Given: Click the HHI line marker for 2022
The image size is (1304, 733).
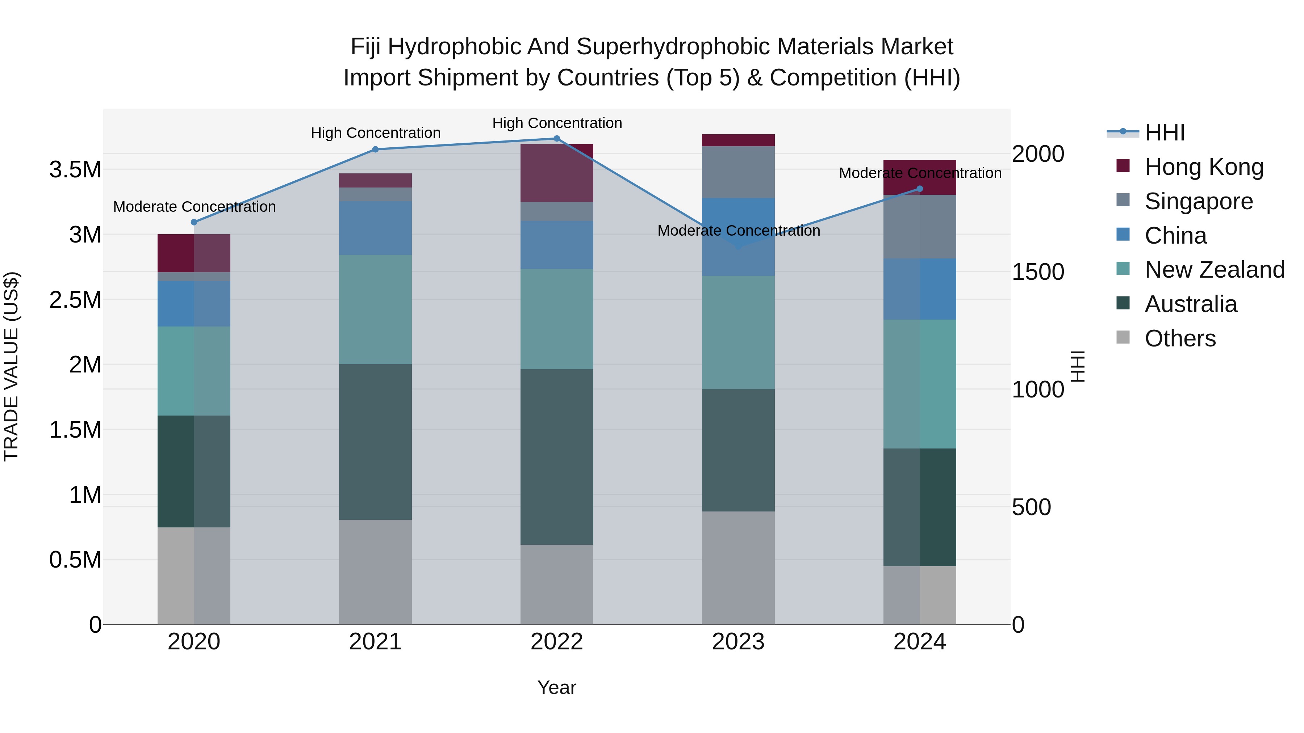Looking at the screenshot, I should [556, 139].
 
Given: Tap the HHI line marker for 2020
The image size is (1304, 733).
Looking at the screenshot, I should [194, 222].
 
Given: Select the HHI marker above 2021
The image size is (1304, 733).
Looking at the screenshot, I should [375, 149].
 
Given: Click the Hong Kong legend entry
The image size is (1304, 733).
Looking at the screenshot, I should [1203, 167].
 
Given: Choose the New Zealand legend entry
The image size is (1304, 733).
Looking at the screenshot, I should [1214, 270].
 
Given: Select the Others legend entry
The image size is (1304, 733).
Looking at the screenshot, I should [1179, 338].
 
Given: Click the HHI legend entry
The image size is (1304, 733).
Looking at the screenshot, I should [1164, 132].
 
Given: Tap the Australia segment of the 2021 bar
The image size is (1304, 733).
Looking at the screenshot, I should [375, 442].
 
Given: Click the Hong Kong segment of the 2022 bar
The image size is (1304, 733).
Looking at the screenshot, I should [556, 173].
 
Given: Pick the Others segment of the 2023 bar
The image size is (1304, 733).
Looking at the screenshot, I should [738, 568].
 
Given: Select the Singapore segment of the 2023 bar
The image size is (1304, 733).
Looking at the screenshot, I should [738, 172].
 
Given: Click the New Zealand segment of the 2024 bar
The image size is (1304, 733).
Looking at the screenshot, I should [920, 384].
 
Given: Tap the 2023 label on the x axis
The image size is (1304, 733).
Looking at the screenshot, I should [738, 642].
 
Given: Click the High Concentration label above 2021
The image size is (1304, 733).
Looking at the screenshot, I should [376, 133].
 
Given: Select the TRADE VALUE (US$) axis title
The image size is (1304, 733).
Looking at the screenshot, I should [11, 366].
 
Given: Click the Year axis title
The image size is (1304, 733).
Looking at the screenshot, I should [556, 687].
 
